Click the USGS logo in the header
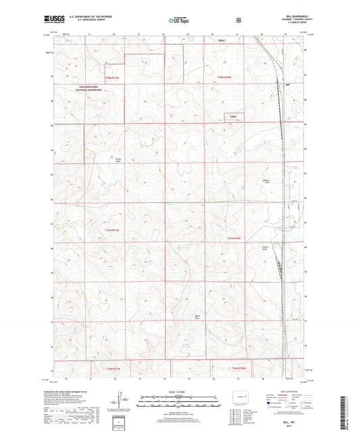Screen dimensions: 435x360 coord(53,20)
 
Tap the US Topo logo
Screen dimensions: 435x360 coord(180,20)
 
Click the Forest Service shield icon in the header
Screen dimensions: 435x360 coord(238,20)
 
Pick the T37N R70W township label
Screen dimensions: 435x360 coord(234,238)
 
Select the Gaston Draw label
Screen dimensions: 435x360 coord(265,247)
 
